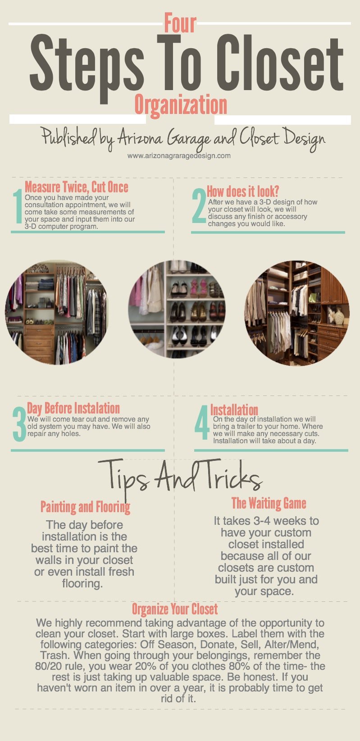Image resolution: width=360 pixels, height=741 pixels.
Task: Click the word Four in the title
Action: click(180, 23)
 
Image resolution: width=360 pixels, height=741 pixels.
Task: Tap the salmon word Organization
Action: click(181, 105)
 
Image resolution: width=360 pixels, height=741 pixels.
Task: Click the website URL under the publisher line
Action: click(179, 156)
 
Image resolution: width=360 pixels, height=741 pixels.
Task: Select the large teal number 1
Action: click(18, 206)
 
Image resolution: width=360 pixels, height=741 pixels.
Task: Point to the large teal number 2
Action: click(199, 205)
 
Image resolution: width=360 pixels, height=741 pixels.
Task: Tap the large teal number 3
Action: click(19, 424)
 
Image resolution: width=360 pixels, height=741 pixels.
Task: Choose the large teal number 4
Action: click(202, 423)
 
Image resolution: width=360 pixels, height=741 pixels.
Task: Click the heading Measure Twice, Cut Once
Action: click(77, 187)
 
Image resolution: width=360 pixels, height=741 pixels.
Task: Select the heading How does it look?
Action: click(243, 191)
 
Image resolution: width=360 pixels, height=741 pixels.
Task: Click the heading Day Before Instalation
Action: click(73, 409)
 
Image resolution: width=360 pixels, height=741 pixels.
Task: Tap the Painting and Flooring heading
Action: click(85, 507)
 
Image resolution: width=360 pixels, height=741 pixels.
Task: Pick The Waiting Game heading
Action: click(269, 503)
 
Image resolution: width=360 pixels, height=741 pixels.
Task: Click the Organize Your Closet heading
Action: click(175, 609)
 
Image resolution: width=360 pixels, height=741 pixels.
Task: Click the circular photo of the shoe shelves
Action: click(177, 309)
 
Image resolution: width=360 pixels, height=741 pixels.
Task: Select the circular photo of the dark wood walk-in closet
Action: click(297, 313)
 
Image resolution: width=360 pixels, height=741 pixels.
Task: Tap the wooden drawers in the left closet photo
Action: click(39, 343)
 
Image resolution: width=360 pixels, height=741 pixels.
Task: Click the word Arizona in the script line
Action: click(140, 138)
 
